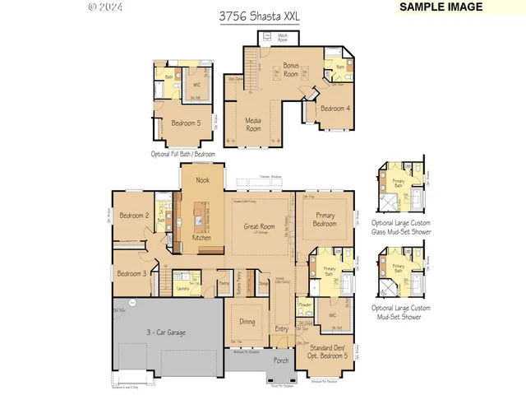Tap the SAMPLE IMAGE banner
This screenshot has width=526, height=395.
pos(441,7)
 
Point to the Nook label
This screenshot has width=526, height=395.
pos(202,179)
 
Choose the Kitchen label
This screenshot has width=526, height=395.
pos(202,237)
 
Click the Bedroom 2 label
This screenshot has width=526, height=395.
pos(132,216)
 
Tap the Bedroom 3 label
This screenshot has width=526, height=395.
pos(131,273)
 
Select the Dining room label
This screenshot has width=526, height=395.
pos(247,322)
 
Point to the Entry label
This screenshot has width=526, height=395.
pos(282,329)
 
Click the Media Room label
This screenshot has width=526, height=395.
pos(253,124)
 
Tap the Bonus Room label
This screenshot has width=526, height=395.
pos(291,69)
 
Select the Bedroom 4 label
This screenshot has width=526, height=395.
pos(335,109)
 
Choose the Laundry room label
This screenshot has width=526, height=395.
pos(184,289)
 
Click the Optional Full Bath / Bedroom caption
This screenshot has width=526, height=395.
pos(182,154)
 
